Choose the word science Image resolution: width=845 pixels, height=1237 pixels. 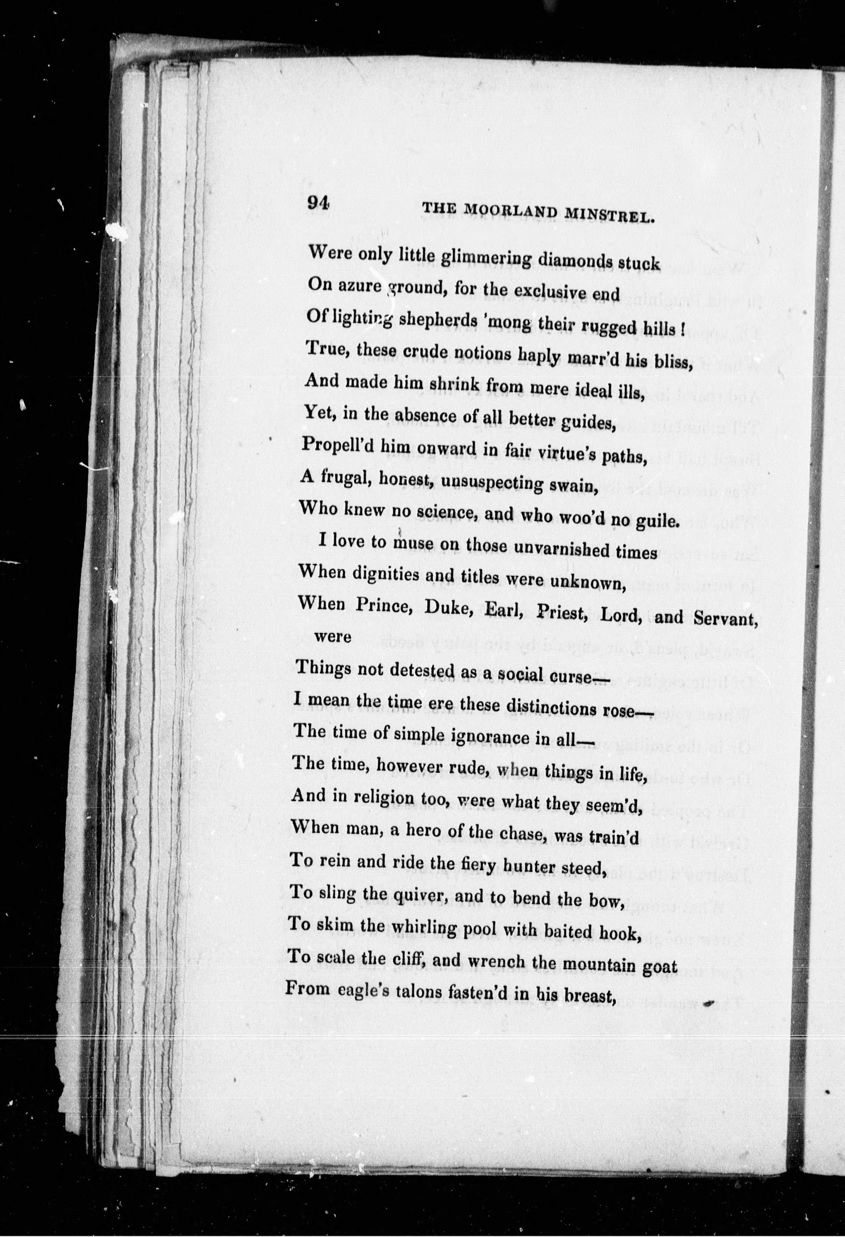coord(455,512)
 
